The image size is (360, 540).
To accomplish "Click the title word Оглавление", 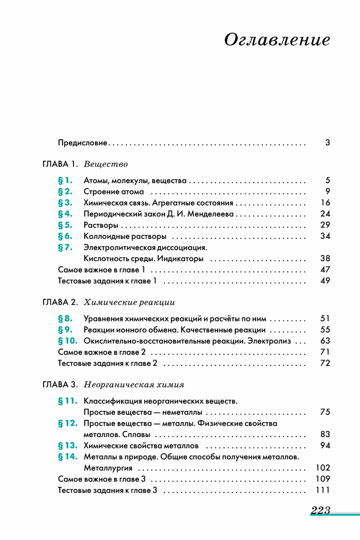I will click(x=277, y=40).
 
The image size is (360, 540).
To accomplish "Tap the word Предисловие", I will click(x=83, y=143).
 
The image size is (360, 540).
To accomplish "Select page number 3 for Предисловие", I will click(x=327, y=143).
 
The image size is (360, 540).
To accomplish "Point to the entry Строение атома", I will click(x=114, y=191).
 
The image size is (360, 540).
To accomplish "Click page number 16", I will click(x=325, y=203).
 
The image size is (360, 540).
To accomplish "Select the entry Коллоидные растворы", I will click(x=125, y=236).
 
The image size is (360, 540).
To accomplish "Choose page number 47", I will click(x=325, y=270).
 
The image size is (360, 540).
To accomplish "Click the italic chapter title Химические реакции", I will click(x=130, y=302).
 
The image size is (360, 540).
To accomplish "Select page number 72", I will click(x=325, y=363).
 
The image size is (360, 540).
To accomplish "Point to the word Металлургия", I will click(x=108, y=467).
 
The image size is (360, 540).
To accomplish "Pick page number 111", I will click(x=323, y=490).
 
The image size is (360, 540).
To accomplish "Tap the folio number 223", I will click(x=320, y=511).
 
